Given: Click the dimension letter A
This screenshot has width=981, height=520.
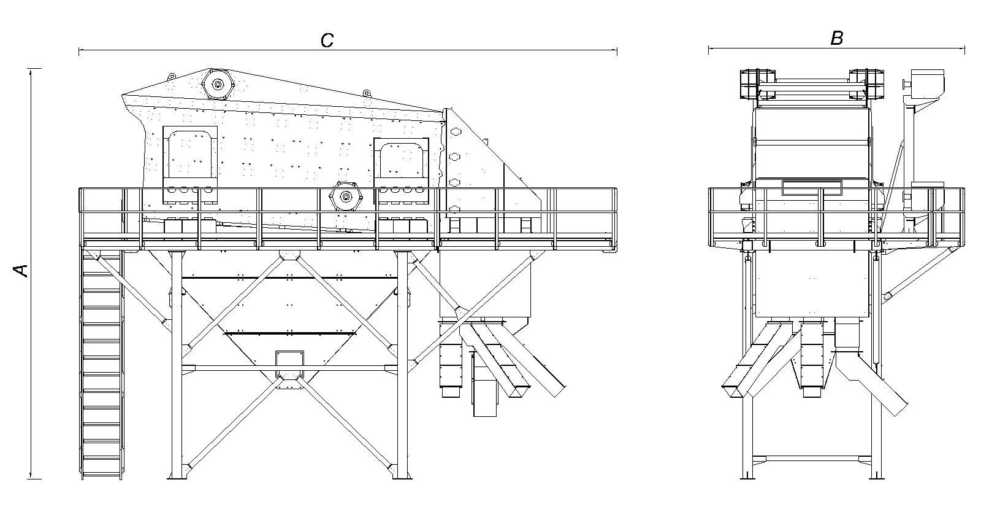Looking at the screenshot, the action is click(x=21, y=271).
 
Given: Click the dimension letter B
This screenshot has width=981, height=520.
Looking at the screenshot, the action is click(x=836, y=38).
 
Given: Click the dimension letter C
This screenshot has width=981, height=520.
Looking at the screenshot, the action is click(x=327, y=41).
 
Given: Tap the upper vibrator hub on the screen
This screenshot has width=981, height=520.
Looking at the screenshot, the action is click(x=218, y=83).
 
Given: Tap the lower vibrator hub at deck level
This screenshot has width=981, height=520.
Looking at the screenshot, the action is click(x=346, y=197).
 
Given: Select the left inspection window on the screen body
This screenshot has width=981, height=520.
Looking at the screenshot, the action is click(x=190, y=165).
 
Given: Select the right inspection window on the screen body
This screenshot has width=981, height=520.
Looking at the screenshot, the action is click(x=401, y=171).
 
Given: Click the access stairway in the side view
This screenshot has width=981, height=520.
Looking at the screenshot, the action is click(x=102, y=364).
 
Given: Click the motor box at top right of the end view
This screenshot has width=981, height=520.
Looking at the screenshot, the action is click(x=927, y=83).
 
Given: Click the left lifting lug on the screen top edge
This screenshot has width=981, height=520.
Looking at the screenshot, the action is click(x=172, y=76).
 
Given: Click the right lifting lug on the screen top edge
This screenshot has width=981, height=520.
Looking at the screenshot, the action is click(x=366, y=93).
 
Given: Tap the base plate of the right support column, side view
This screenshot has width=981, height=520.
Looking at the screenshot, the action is click(x=402, y=476).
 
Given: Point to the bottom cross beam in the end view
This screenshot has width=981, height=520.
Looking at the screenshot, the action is click(x=812, y=458).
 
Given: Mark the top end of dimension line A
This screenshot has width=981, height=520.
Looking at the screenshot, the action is click(x=31, y=69).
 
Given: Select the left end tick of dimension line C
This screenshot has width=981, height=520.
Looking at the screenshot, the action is click(x=79, y=52).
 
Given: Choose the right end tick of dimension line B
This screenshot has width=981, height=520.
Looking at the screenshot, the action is click(x=965, y=50).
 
